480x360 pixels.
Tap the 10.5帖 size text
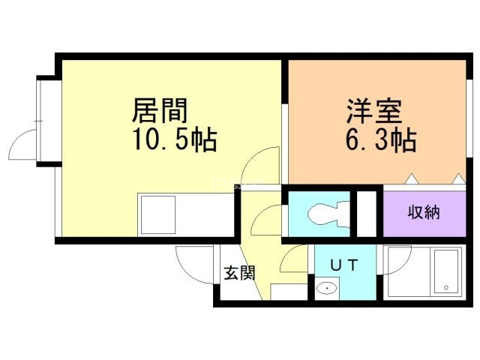click(175, 139)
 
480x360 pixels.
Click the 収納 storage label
click(424, 212)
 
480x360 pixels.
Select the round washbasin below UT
click(327, 288)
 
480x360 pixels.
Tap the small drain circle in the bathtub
click(445, 287)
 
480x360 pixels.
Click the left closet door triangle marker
click(410, 179)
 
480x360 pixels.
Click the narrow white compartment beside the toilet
click(367, 214)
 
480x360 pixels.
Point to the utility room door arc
click(294, 261)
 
